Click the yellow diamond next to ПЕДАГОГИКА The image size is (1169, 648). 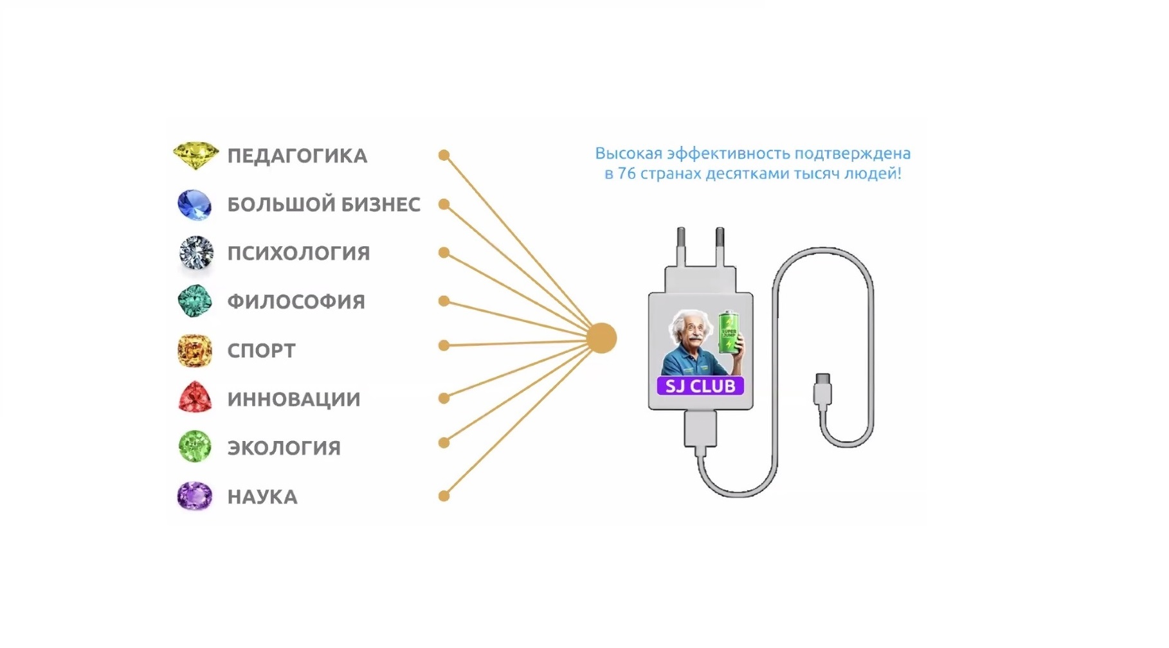pyautogui.click(x=195, y=156)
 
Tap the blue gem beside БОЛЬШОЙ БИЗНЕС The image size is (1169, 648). pyautogui.click(x=194, y=204)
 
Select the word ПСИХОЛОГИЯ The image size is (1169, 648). pyautogui.click(x=298, y=253)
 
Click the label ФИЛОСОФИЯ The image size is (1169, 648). pyautogui.click(x=296, y=301)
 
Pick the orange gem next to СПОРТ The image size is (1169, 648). pyautogui.click(x=194, y=350)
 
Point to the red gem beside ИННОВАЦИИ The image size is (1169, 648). pyautogui.click(x=194, y=398)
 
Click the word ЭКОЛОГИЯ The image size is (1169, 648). pyautogui.click(x=284, y=448)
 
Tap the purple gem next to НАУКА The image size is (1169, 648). pyautogui.click(x=194, y=496)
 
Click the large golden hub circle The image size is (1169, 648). pyautogui.click(x=602, y=338)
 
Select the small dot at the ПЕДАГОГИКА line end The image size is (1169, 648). pyautogui.click(x=444, y=155)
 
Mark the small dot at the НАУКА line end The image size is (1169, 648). pyautogui.click(x=444, y=496)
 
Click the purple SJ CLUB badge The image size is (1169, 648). pyautogui.click(x=700, y=386)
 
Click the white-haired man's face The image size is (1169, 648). pyautogui.click(x=691, y=334)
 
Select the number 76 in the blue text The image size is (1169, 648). pyautogui.click(x=626, y=174)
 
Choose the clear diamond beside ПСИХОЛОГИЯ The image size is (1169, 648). pyautogui.click(x=195, y=253)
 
